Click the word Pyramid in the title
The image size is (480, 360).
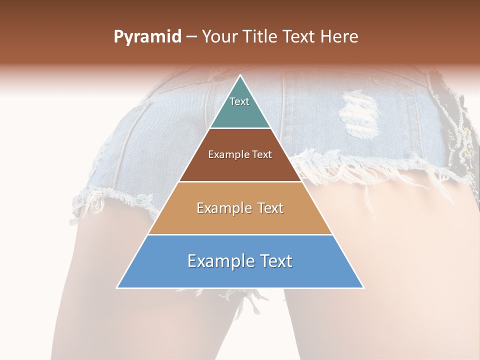pos(147,37)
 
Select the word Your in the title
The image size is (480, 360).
pos(220,37)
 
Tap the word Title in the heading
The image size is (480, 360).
pos(262,37)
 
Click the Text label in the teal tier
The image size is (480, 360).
pos(239,101)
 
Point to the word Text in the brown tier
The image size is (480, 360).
pos(262,155)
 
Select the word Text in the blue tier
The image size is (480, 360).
pos(276,261)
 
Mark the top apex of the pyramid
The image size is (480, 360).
pos(240,76)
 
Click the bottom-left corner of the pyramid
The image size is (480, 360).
pos(117,287)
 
